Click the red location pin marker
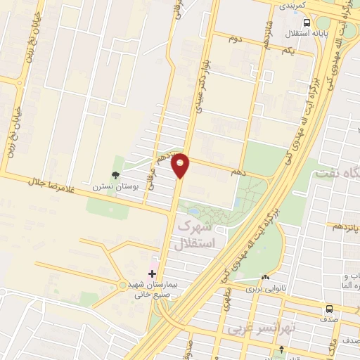(181, 165)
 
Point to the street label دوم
(235, 39)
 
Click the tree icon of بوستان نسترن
(115, 175)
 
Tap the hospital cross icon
(152, 273)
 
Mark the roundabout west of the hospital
(123, 285)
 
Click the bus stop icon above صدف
(328, 309)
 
